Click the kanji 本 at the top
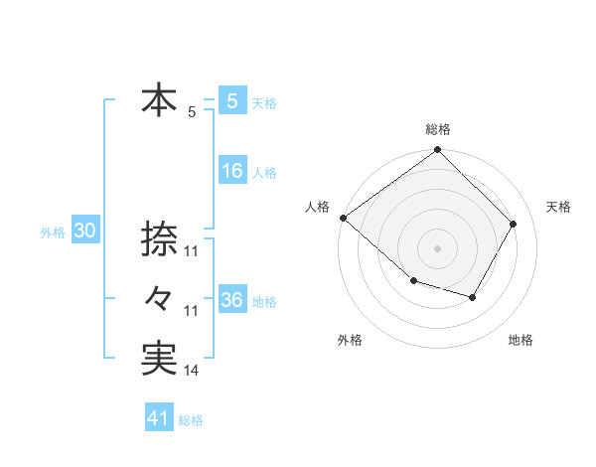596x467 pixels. point(159,100)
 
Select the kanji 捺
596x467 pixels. point(159,238)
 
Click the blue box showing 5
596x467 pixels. point(231,100)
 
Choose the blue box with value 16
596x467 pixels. point(231,171)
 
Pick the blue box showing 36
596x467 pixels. point(231,300)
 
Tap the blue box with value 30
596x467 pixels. point(84,231)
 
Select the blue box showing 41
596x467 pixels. point(159,418)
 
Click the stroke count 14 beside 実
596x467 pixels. point(191,371)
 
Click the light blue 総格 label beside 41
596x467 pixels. point(191,420)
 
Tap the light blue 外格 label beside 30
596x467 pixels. point(53,233)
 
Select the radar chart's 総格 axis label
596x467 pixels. point(438,129)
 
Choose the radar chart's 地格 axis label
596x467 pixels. point(521,340)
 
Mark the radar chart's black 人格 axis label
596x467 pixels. point(317,207)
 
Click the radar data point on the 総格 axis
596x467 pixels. point(438,151)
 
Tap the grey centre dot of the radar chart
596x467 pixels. point(438,248)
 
